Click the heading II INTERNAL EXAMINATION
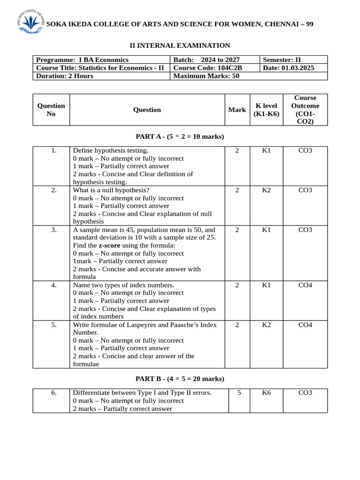coord(180,45)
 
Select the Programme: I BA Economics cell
coord(82,60)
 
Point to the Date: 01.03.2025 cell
coord(289,68)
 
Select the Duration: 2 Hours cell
coord(65,76)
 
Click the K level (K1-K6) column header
coord(266,110)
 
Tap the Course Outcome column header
coord(305,110)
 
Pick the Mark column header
coord(237,110)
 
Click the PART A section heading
coord(180,136)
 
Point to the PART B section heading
coord(180,379)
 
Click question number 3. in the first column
coord(54,230)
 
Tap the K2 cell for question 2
coord(266,190)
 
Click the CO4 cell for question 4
coord(305,285)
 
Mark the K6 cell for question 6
coord(266,393)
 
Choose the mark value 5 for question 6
coord(239,393)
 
